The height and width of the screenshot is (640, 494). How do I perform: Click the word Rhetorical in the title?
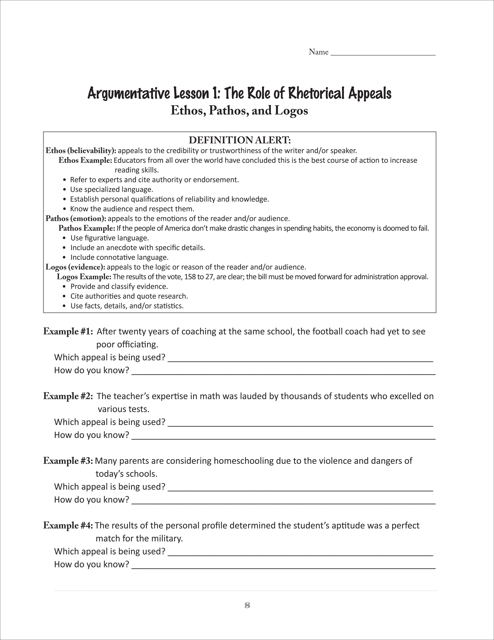(316, 94)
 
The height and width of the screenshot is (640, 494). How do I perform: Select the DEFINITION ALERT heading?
(239, 140)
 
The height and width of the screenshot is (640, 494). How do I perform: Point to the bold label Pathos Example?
(87, 228)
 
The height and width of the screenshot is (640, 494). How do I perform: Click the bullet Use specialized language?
(111, 189)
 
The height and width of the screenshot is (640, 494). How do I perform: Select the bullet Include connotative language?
(119, 257)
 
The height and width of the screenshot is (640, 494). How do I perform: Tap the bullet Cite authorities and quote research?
(129, 296)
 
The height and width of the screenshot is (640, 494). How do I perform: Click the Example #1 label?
(68, 331)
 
